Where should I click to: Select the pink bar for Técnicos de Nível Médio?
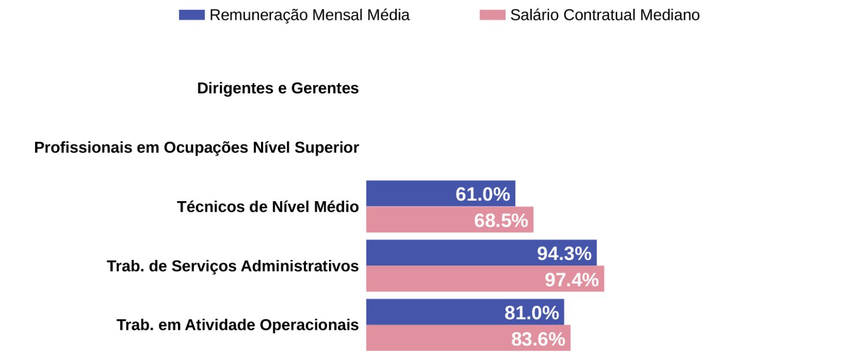point(418,220)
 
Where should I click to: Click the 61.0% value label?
point(482,194)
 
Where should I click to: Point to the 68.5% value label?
point(501,220)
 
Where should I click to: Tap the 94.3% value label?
point(564,253)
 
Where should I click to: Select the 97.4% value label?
point(571,279)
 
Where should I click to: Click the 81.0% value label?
point(531,313)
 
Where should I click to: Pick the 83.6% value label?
point(538,339)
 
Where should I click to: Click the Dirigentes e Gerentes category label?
point(278,88)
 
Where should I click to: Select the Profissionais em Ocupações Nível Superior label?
point(197,147)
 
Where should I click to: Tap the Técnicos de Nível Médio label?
point(268,207)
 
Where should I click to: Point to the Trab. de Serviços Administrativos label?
point(233,266)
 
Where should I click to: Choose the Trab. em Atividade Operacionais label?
point(237,325)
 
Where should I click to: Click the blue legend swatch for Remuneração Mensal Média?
point(192,15)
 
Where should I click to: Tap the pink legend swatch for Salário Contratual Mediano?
point(492,15)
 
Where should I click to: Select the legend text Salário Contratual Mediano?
point(605,15)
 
